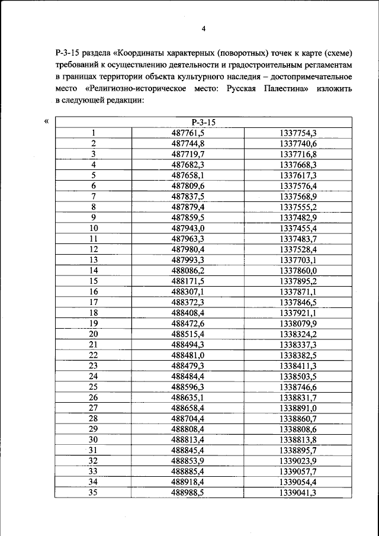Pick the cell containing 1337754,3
[298, 133]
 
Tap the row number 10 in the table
[94, 228]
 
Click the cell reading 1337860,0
[298, 270]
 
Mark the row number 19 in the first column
[94, 323]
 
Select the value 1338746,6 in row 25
[298, 386]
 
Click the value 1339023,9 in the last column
[298, 460]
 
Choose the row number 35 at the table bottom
[94, 492]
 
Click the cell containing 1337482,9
[298, 217]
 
